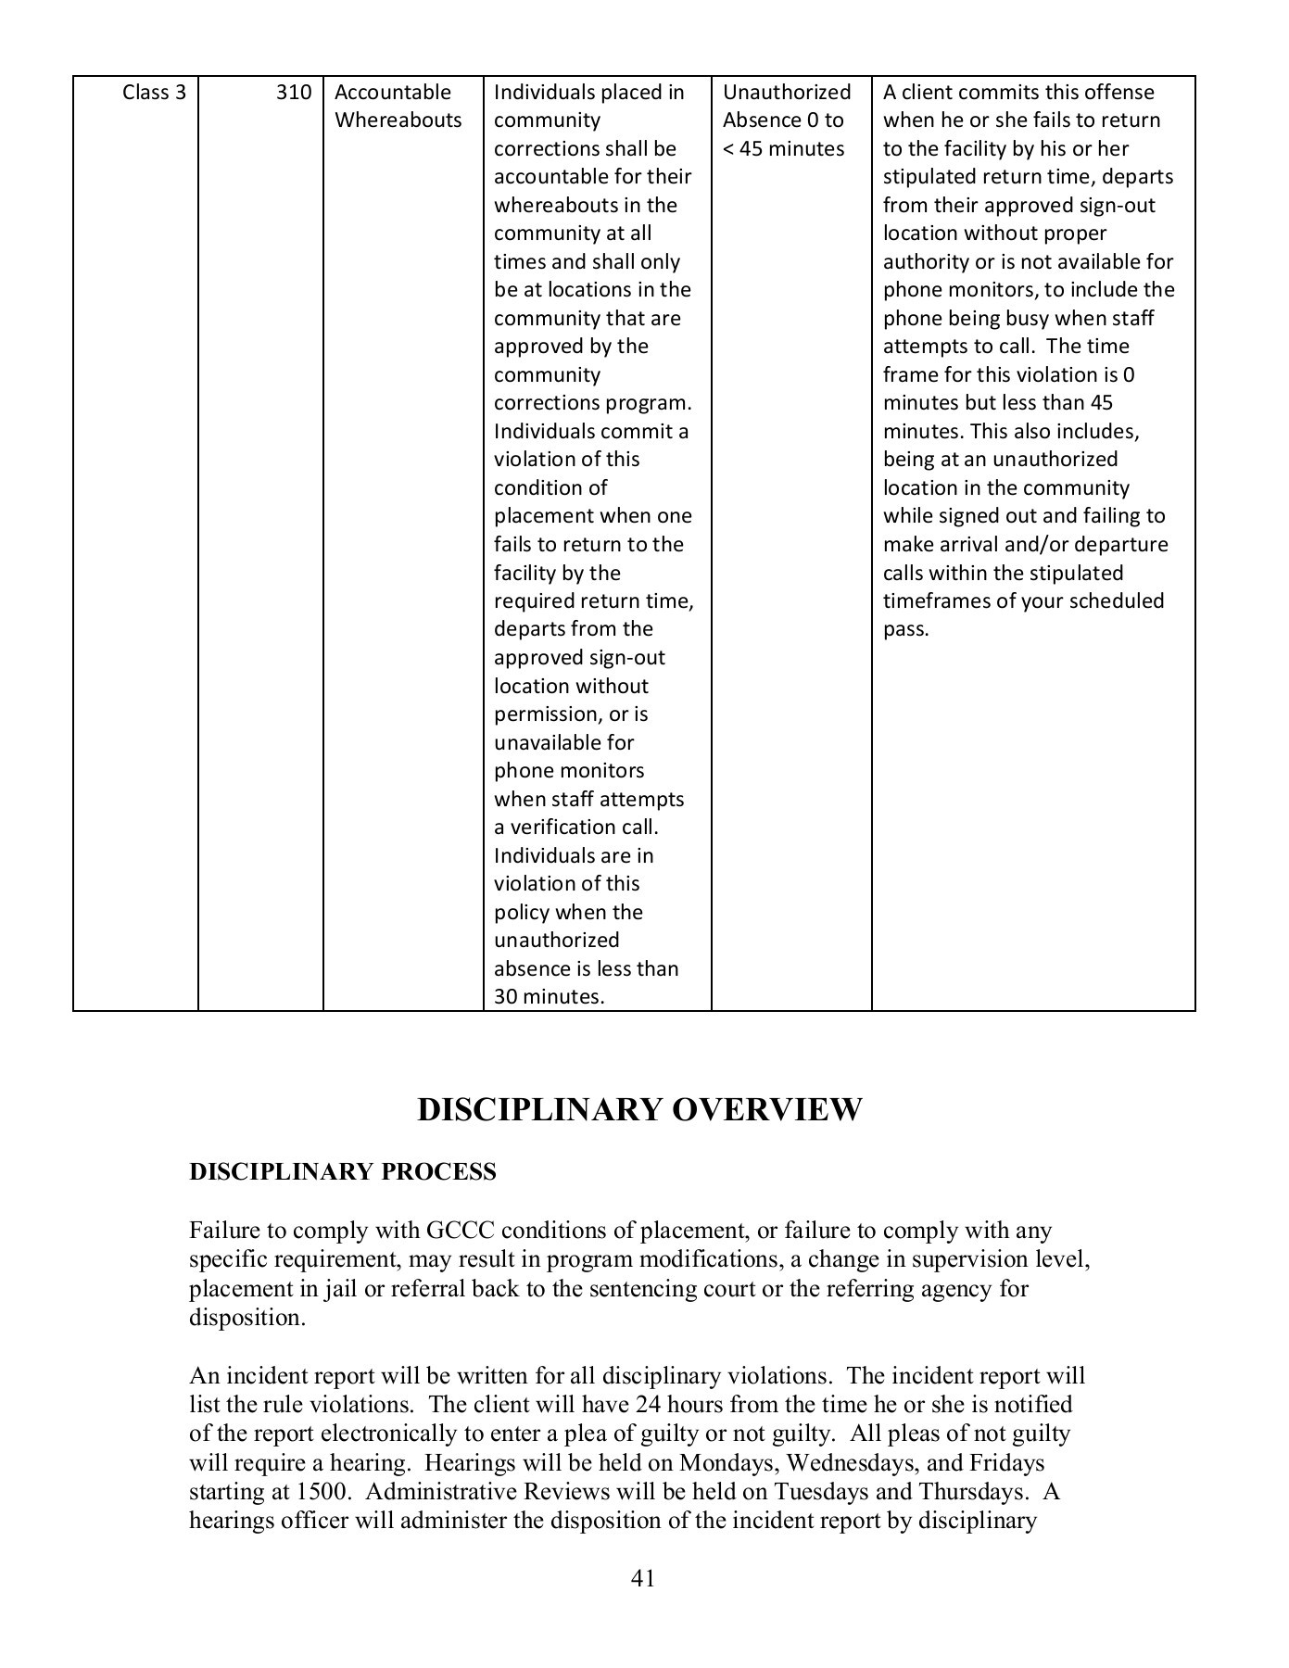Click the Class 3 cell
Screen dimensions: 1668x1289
point(154,93)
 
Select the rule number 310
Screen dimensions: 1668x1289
point(293,93)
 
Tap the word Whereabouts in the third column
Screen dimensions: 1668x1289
point(398,120)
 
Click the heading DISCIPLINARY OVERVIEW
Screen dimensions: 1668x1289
point(639,1109)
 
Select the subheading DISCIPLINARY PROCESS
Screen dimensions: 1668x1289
point(343,1172)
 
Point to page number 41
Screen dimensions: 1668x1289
point(643,1578)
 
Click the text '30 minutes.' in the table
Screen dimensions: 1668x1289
point(549,997)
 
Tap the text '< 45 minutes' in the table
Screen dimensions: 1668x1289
point(783,149)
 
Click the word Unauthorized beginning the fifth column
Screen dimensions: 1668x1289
point(786,93)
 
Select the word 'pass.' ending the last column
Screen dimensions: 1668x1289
point(905,630)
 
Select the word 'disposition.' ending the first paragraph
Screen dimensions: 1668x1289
point(246,1318)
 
